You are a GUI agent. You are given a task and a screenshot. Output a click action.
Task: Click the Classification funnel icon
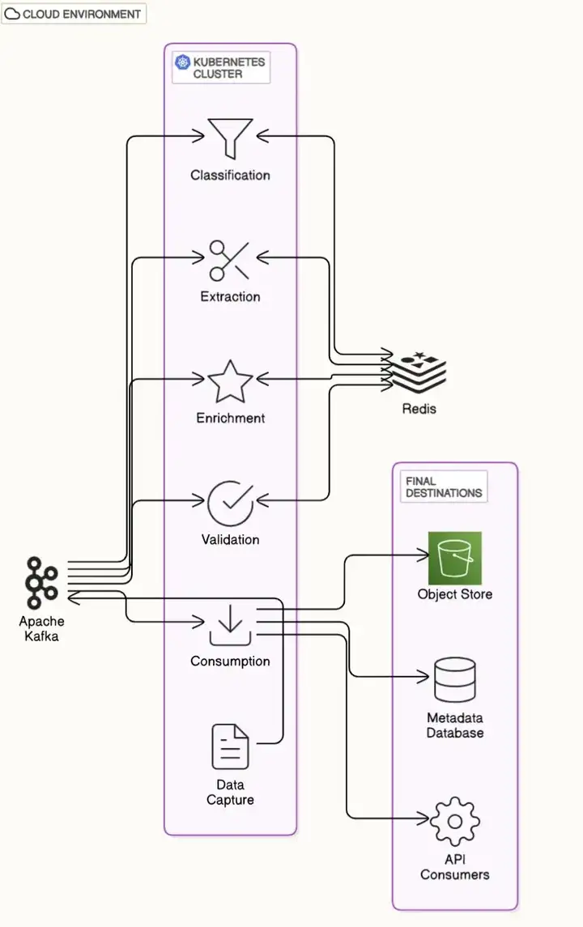tap(230, 138)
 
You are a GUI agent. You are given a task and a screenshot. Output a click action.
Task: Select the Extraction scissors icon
tap(230, 260)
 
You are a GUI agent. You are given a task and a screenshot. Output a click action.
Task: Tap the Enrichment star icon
tap(230, 381)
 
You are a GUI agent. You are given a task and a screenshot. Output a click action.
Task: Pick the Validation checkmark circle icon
tap(230, 503)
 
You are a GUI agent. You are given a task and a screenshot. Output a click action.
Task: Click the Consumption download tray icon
tap(230, 624)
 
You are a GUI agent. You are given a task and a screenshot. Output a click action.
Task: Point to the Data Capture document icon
tap(230, 746)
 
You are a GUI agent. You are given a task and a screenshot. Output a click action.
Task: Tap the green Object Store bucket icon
tap(454, 558)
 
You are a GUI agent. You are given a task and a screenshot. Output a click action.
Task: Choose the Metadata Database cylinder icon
tap(454, 681)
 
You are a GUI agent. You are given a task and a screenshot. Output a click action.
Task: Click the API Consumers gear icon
tap(454, 821)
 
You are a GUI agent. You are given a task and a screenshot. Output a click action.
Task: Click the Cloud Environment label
tap(74, 14)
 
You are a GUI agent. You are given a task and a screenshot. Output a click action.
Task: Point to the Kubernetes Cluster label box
tap(220, 67)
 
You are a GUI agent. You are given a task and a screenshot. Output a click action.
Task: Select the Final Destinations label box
tap(443, 487)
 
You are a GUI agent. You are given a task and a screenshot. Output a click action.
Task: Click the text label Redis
tap(419, 409)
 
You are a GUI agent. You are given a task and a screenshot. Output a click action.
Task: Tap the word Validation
tap(230, 539)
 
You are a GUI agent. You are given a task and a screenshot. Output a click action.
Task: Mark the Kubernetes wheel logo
tap(181, 62)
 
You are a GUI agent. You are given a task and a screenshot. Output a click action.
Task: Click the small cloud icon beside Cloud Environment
tap(12, 14)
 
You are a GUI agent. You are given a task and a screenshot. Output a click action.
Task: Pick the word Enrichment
tap(230, 418)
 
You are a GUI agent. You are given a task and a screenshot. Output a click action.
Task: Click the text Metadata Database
tap(454, 725)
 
